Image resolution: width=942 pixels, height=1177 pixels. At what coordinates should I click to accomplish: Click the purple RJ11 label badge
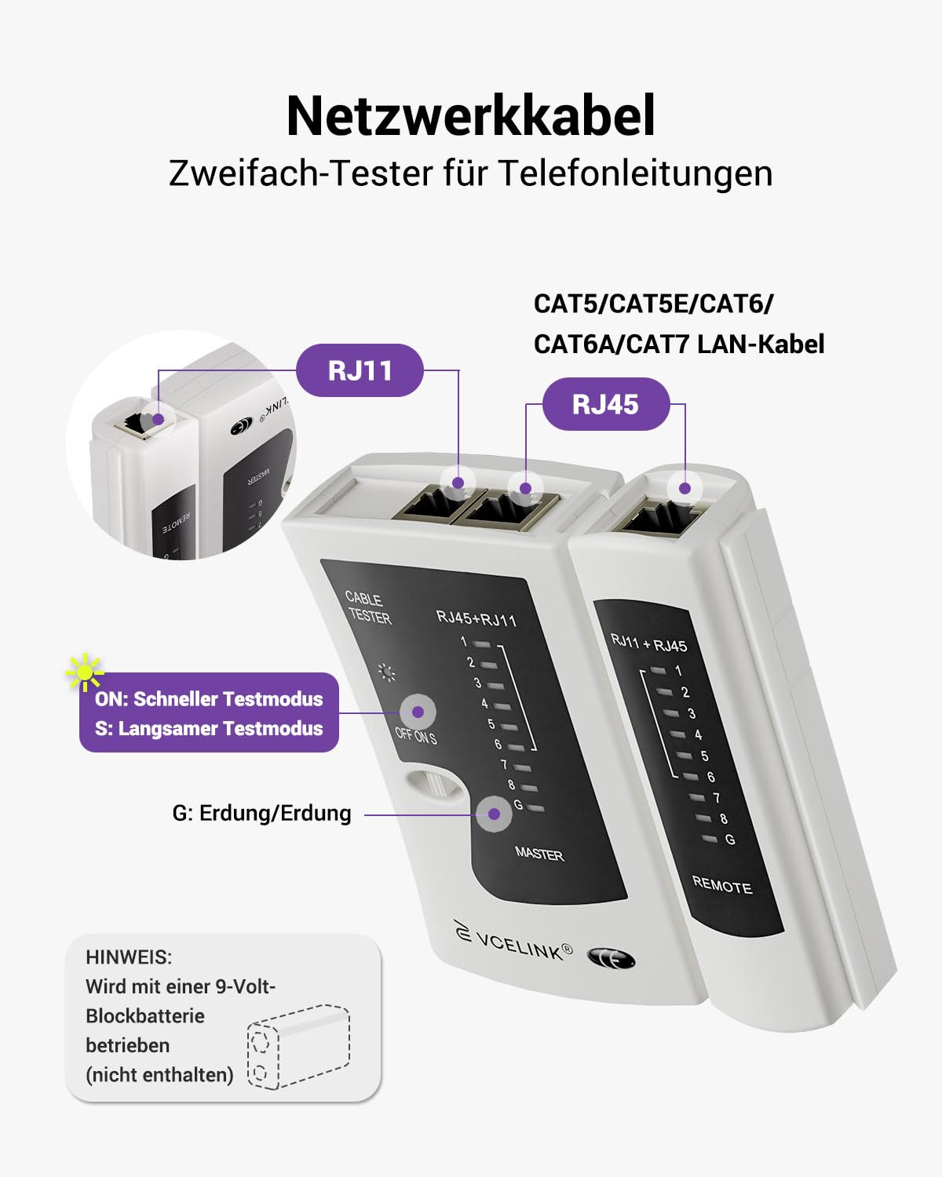pos(360,370)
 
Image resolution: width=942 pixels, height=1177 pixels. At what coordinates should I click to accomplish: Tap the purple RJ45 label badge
pos(605,404)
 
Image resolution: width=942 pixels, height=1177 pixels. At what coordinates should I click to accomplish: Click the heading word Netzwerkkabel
pos(471,116)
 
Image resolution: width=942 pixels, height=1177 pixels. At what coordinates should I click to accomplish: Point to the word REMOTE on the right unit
pos(722,884)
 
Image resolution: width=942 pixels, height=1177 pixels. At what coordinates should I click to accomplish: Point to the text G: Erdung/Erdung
pos(261,813)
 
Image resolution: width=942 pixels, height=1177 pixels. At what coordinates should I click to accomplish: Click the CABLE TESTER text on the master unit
pos(369,607)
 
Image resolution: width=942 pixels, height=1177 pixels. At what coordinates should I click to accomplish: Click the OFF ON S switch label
pos(416,736)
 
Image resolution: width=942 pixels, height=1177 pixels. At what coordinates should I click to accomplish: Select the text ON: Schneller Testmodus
pos(209,699)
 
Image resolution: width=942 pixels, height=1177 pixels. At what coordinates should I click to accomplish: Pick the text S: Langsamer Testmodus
pos(209,728)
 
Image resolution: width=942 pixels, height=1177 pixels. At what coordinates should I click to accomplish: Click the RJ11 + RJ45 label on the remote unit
pos(648,643)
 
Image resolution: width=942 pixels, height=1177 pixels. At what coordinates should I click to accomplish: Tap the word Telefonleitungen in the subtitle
pos(636,173)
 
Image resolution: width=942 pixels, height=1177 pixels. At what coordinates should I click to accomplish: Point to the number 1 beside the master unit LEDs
pos(464,641)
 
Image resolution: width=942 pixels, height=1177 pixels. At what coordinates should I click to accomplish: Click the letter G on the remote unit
pos(729,839)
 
